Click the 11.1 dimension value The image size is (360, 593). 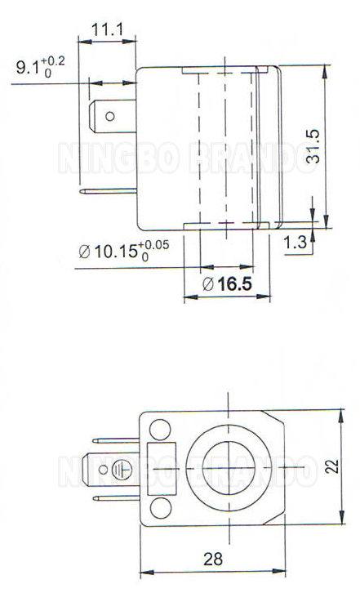click(x=107, y=30)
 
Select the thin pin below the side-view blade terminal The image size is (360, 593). click(x=109, y=192)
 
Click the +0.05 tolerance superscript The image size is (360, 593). click(x=154, y=244)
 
